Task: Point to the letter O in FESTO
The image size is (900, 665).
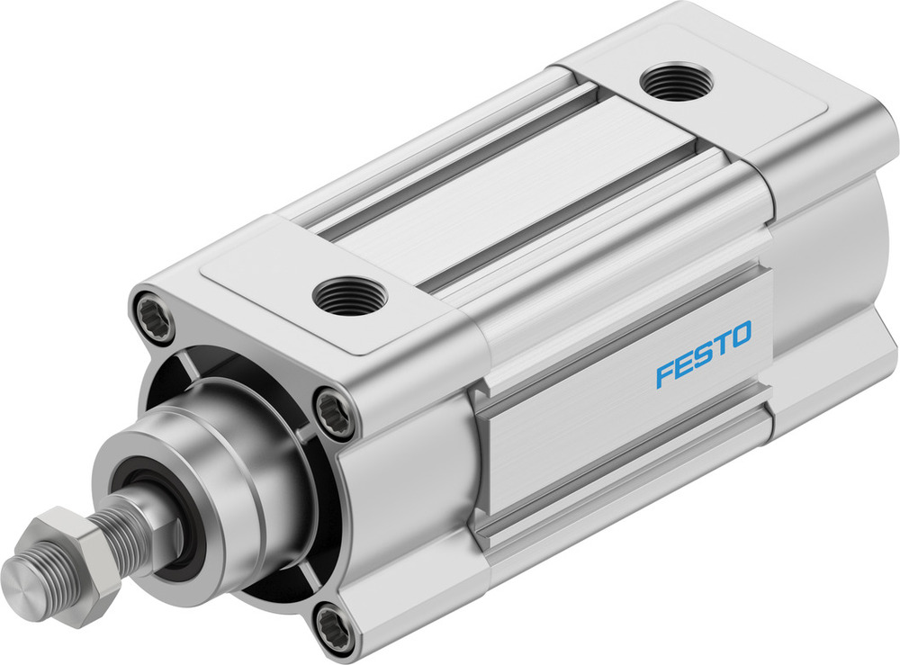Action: [739, 339]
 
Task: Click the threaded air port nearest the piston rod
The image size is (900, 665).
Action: [349, 294]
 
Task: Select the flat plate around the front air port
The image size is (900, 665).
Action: [297, 270]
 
